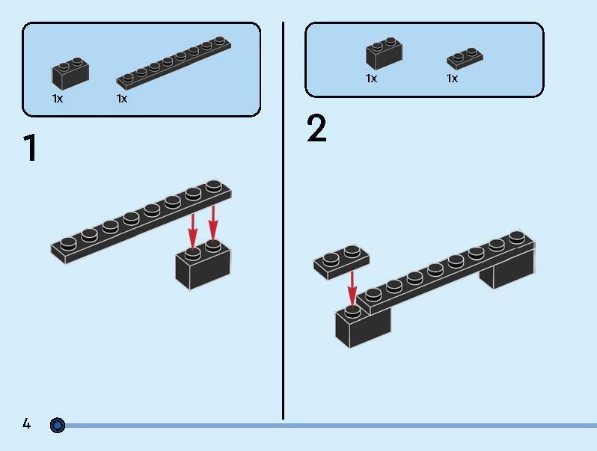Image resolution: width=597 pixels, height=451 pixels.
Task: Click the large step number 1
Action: (x=30, y=148)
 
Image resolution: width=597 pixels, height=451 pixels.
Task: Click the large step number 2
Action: (x=316, y=129)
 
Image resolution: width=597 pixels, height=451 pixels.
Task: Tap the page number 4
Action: (x=27, y=425)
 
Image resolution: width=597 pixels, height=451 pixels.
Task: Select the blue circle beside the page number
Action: (x=58, y=426)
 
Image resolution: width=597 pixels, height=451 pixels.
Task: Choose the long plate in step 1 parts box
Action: (x=174, y=63)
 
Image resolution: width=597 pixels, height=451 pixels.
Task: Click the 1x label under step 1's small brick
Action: (x=58, y=99)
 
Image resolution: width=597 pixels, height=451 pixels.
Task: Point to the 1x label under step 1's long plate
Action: (x=122, y=99)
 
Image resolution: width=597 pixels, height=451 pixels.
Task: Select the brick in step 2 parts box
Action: (x=385, y=54)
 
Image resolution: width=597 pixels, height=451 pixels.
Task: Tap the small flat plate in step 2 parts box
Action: (x=465, y=58)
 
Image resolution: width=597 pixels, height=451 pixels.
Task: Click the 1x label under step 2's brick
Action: (x=371, y=79)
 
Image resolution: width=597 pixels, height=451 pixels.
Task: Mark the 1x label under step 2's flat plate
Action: (x=452, y=79)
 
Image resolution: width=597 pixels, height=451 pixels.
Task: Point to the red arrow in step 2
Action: (x=352, y=288)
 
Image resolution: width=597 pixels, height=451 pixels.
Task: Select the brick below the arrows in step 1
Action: (x=202, y=266)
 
